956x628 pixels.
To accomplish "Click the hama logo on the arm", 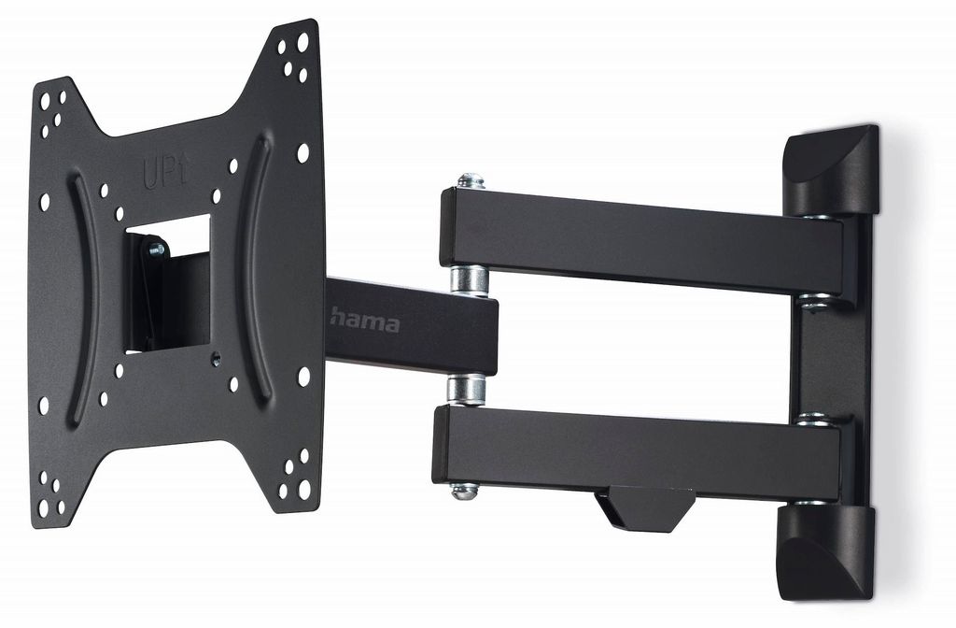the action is [x=365, y=321].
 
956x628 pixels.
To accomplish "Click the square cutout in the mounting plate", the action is [x=168, y=283].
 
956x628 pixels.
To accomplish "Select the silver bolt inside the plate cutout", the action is [x=157, y=250].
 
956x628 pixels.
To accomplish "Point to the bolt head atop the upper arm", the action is [x=471, y=180].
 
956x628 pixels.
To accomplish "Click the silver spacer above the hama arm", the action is [x=469, y=280].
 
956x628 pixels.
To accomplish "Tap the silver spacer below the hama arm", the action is [x=467, y=390].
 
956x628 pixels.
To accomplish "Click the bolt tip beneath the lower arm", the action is [x=464, y=490].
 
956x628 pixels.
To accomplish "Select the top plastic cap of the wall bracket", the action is [x=831, y=170].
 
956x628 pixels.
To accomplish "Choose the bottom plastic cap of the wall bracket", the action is [x=826, y=552].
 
